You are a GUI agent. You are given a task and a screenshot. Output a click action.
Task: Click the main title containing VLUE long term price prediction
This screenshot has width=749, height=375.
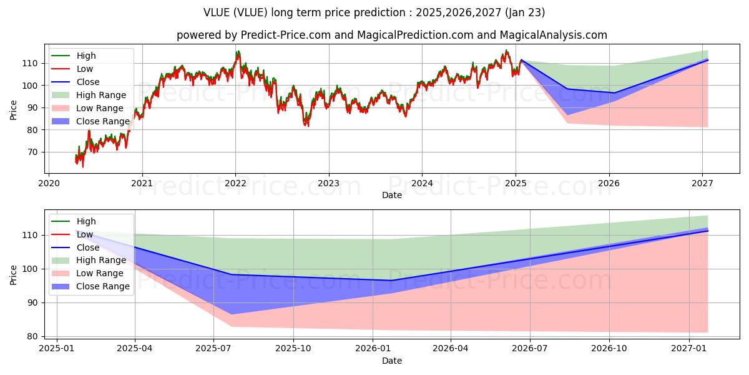click(374, 12)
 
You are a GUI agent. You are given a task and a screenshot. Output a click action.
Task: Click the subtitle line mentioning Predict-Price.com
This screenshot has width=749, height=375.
click(391, 35)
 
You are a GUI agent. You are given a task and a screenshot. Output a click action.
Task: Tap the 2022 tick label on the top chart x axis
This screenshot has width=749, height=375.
click(235, 183)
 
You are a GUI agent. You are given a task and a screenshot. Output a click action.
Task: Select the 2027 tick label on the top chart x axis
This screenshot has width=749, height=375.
click(703, 183)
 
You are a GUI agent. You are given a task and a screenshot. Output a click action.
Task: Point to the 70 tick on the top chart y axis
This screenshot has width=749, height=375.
click(34, 152)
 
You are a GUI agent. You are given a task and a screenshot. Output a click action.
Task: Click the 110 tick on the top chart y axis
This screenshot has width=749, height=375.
click(32, 63)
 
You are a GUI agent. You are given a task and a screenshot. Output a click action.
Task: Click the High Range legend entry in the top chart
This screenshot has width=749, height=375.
click(100, 95)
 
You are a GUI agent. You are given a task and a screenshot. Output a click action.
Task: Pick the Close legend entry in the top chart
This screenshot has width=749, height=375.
click(87, 82)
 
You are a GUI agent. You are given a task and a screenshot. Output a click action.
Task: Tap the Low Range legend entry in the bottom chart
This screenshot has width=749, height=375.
click(100, 273)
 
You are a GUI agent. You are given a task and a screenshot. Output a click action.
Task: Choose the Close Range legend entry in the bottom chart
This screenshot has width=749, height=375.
click(102, 286)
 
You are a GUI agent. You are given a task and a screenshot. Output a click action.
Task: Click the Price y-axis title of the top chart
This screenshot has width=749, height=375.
click(14, 109)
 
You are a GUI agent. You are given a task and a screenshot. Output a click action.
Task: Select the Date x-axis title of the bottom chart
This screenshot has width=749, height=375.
click(391, 361)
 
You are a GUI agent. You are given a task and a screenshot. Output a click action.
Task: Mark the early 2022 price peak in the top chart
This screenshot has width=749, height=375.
click(238, 52)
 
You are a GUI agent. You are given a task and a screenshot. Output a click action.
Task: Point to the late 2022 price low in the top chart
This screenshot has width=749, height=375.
click(306, 125)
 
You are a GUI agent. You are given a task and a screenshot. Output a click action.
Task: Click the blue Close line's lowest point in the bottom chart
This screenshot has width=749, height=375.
click(391, 280)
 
